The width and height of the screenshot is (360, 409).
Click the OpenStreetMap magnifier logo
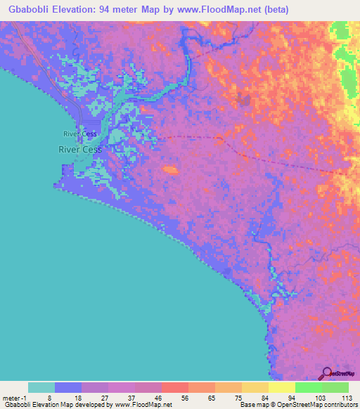(326, 373)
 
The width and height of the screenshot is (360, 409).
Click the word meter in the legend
(10, 397)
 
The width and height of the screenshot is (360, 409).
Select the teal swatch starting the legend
(41, 387)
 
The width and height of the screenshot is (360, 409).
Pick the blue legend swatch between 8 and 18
(68, 387)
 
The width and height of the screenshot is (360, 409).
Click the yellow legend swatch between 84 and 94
(282, 387)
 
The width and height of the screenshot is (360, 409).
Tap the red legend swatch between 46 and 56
(175, 387)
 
